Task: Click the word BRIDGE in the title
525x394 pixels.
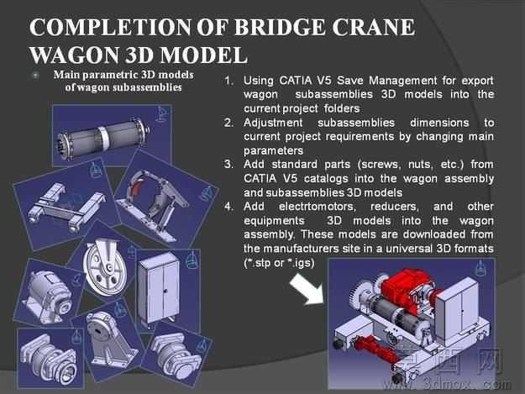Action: point(279,27)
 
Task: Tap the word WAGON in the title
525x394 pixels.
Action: point(74,55)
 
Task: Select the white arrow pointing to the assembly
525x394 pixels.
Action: point(306,289)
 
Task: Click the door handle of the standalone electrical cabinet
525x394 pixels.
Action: point(165,291)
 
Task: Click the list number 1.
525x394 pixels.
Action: point(228,81)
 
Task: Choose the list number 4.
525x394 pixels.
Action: point(228,207)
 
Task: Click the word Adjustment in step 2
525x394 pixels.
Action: point(273,123)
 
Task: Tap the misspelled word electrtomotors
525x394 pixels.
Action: point(318,207)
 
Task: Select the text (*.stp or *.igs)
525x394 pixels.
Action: point(279,263)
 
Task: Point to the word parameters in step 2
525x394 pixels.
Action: point(273,151)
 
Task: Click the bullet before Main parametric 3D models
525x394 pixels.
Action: point(35,75)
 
